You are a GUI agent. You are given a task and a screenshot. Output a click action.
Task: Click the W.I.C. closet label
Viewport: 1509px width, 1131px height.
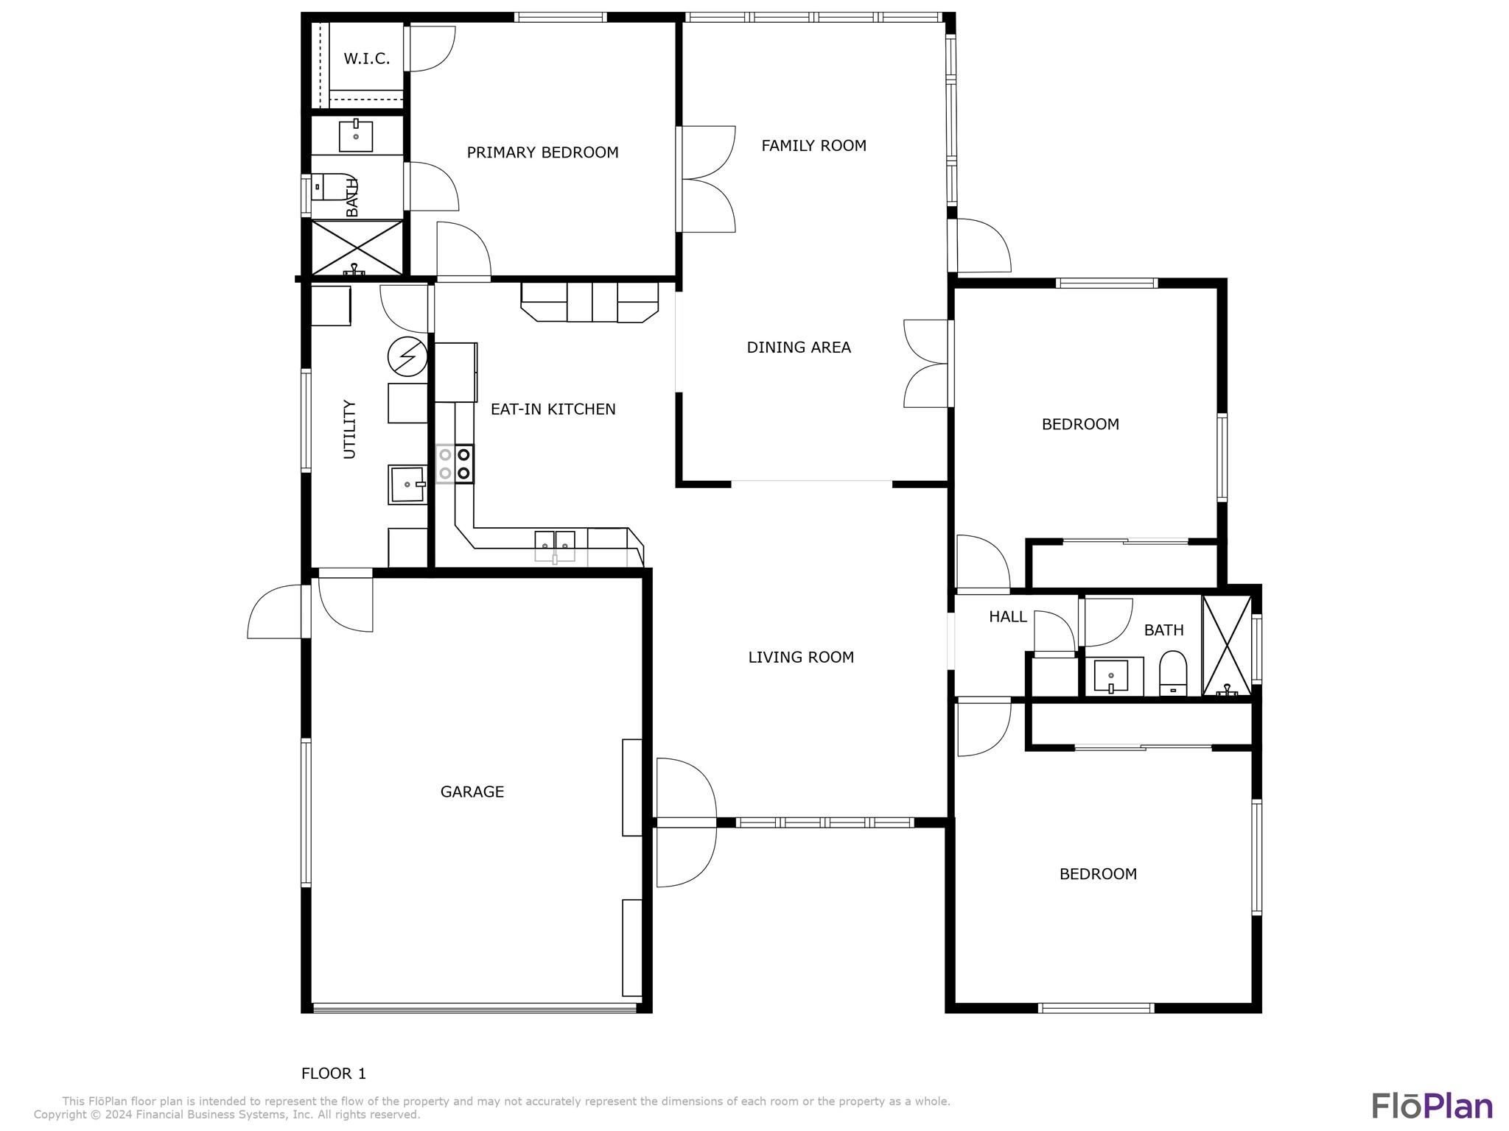pos(366,59)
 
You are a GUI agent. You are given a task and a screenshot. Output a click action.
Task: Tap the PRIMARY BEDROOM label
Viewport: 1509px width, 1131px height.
pos(542,152)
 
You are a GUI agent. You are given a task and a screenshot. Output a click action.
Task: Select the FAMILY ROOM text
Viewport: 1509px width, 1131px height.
pos(813,146)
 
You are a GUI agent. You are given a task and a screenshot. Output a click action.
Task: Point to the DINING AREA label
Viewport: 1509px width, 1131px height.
pos(799,348)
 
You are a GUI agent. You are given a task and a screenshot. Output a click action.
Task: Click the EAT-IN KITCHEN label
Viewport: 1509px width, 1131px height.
pos(553,409)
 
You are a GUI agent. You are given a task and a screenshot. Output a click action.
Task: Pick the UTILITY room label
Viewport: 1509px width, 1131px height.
pos(350,429)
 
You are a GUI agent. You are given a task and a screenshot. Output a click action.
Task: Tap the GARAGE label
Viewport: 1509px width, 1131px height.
pos(472,792)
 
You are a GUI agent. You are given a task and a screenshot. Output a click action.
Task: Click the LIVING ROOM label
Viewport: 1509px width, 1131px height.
pos(801,658)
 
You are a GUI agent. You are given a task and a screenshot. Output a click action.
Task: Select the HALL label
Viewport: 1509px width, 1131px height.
pos(1008,617)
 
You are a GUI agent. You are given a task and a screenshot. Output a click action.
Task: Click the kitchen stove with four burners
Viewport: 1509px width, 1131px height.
pos(455,464)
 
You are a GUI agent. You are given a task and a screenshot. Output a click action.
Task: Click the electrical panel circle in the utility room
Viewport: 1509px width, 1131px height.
pos(407,357)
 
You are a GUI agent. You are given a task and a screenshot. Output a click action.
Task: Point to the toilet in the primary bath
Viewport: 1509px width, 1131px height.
pos(334,187)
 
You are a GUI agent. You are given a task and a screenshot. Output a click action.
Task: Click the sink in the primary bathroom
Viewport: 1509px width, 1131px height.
pos(356,135)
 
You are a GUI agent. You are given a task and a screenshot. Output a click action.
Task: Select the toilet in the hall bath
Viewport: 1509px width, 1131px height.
pos(1173,673)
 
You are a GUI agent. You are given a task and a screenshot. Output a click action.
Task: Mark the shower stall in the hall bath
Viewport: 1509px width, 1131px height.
pos(1227,645)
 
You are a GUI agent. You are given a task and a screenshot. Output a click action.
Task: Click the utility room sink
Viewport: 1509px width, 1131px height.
pos(407,485)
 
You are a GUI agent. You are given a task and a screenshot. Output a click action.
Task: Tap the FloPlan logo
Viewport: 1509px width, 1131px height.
pos(1432,1105)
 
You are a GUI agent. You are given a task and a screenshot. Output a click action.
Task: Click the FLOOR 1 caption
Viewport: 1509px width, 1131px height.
pos(334,1074)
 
